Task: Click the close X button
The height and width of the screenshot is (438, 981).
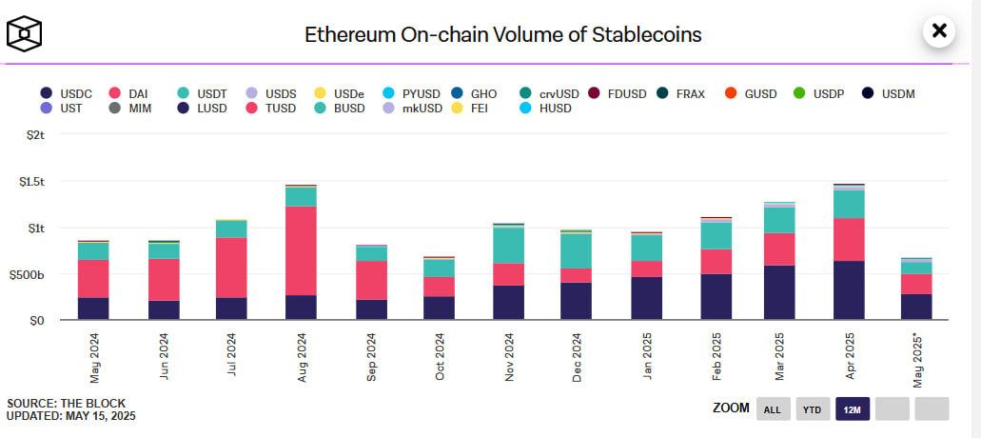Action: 939,30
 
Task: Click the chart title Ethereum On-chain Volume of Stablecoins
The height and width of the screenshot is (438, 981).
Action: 502,35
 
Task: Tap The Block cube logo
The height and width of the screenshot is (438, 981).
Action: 24,34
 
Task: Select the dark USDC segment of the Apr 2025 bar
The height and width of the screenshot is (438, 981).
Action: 849,290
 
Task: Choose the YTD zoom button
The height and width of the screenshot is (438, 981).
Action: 812,409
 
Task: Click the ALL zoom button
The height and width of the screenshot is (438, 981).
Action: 772,409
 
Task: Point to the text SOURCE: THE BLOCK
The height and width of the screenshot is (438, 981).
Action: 66,403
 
